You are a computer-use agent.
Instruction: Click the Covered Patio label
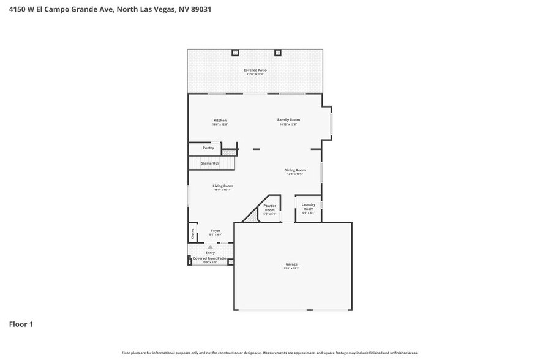click(x=255, y=70)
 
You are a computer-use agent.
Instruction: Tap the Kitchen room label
click(x=220, y=120)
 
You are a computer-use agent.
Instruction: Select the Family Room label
click(x=288, y=119)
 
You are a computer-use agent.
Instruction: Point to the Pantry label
click(x=208, y=148)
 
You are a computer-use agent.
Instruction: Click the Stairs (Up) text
click(x=210, y=163)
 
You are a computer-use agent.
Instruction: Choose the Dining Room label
click(x=294, y=170)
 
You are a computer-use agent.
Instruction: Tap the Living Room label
click(x=223, y=186)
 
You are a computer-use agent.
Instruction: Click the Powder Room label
click(x=270, y=208)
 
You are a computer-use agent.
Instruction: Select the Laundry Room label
click(x=309, y=206)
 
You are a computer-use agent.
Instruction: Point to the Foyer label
click(x=215, y=231)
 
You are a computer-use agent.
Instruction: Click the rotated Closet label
click(x=192, y=233)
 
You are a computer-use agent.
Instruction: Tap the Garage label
click(x=291, y=264)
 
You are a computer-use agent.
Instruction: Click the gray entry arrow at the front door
click(x=210, y=247)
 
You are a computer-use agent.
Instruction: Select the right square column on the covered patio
click(x=277, y=53)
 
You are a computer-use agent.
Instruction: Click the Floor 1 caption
click(x=21, y=324)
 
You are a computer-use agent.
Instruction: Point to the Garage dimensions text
click(x=291, y=268)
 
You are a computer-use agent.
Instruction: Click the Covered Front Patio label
click(x=210, y=258)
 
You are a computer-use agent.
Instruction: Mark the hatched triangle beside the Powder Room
click(x=251, y=215)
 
